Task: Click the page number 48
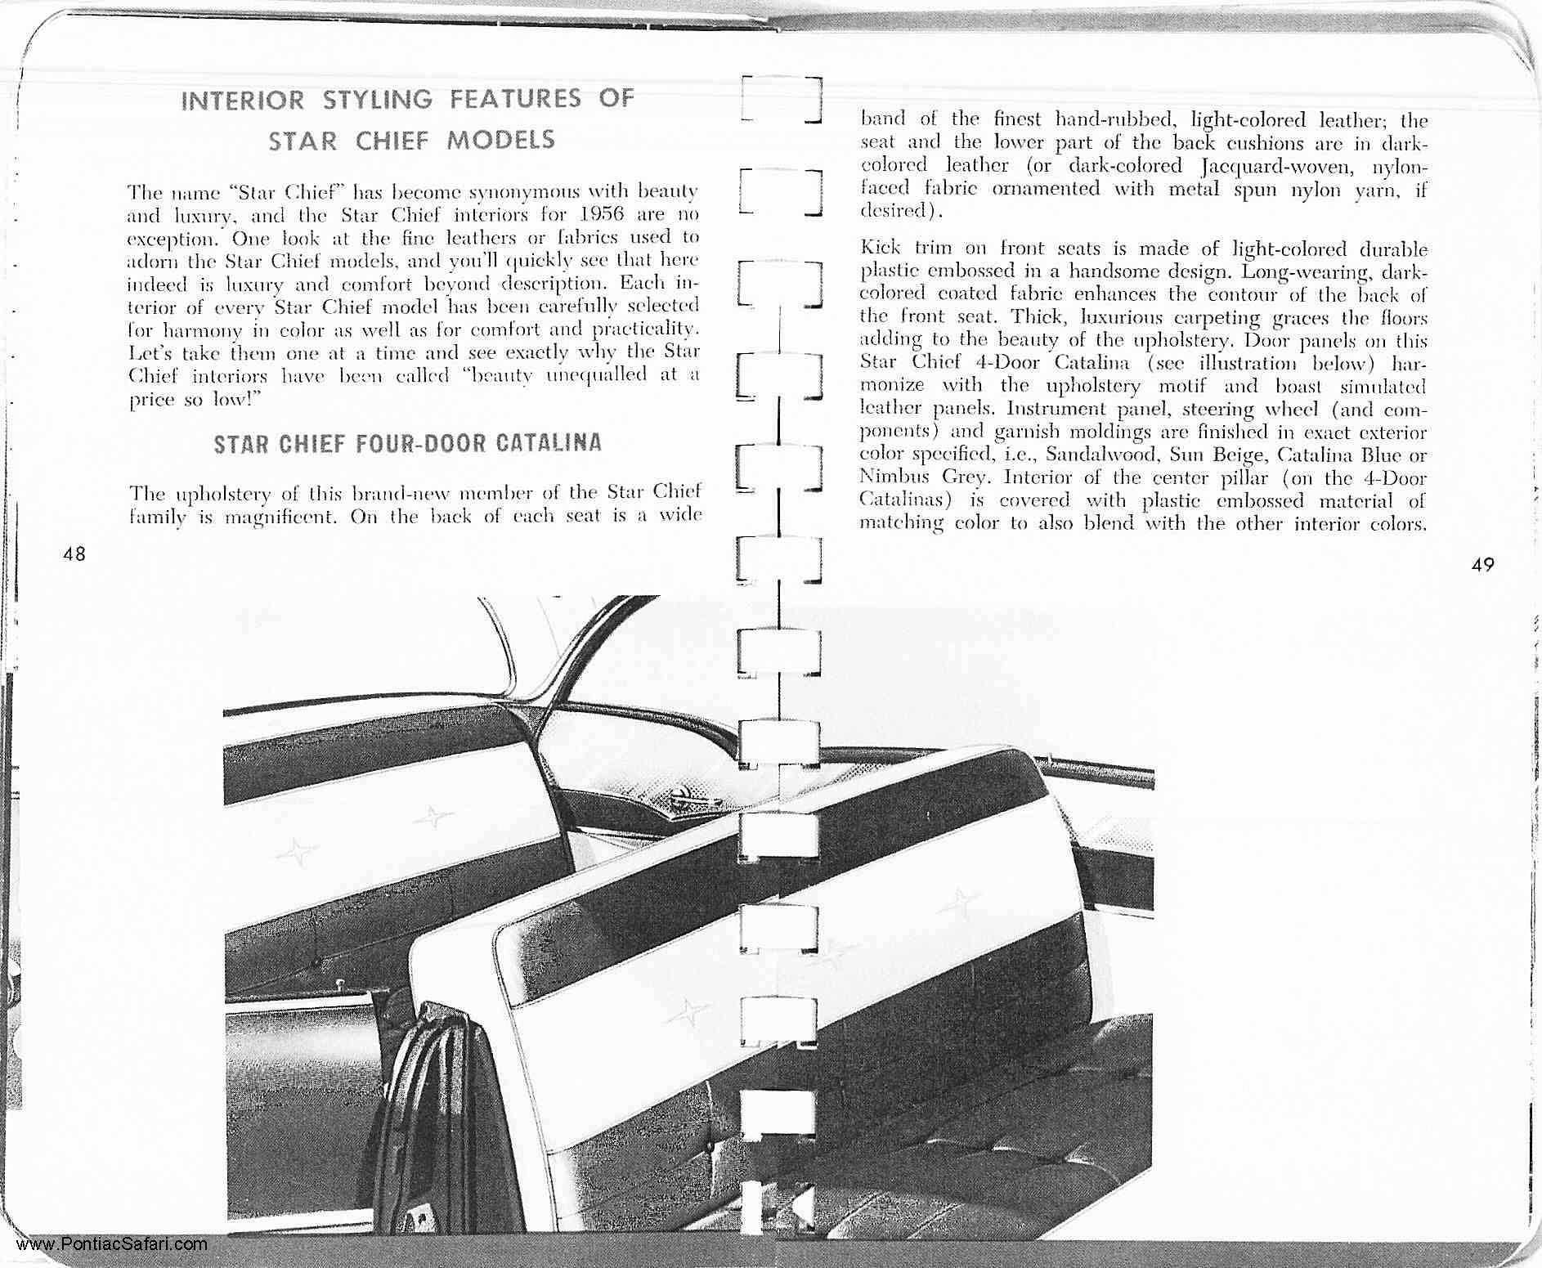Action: (x=74, y=553)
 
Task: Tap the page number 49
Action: (x=1482, y=563)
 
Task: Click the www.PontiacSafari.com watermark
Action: (x=110, y=1244)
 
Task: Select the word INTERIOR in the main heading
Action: (x=243, y=101)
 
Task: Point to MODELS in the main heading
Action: (x=500, y=140)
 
